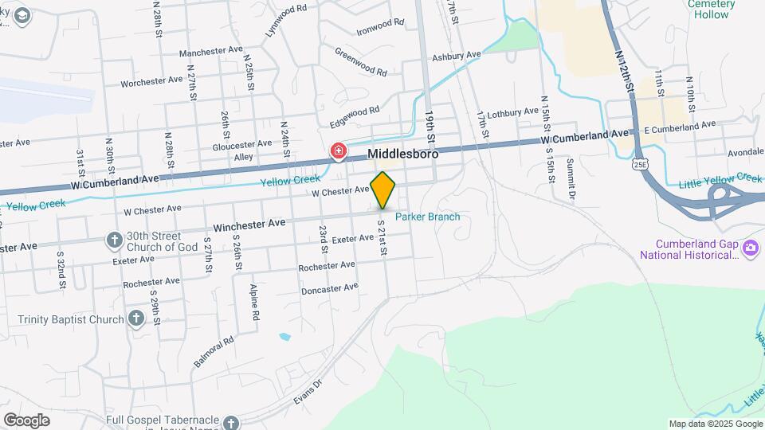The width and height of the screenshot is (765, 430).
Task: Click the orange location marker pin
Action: tap(383, 190)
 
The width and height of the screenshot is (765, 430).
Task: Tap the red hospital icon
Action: tap(339, 151)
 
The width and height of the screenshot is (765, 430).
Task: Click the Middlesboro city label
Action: tap(402, 153)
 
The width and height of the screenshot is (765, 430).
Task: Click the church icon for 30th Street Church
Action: tap(115, 240)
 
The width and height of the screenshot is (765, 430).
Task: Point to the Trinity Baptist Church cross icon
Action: tap(135, 319)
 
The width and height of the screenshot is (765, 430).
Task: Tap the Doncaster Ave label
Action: tap(330, 289)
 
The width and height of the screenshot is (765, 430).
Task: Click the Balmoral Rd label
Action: tap(213, 351)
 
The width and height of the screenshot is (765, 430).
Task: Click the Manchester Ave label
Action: tap(210, 52)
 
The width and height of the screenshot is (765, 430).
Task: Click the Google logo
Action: tap(26, 420)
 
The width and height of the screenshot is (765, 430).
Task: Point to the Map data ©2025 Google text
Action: tap(714, 424)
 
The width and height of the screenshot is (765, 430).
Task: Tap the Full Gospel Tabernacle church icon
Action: tap(231, 423)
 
